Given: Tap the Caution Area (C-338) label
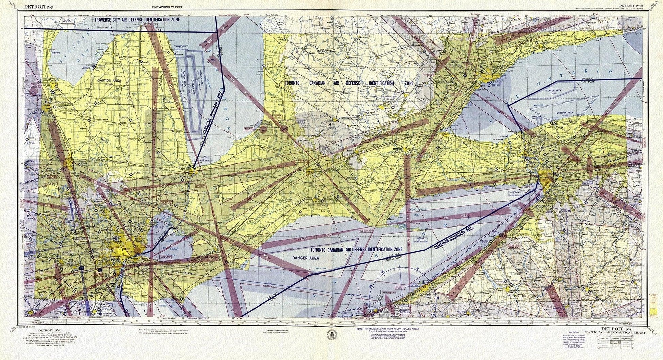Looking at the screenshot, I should point(107,82).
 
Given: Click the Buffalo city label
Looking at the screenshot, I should point(544,177).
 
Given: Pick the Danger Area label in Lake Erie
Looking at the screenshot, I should point(305,258).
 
